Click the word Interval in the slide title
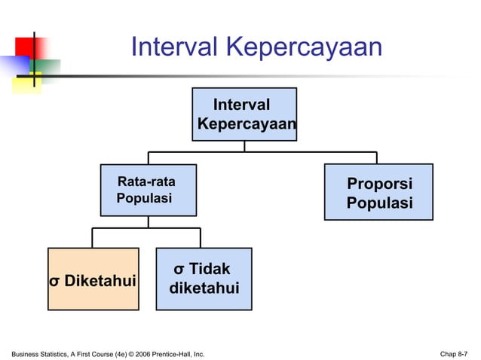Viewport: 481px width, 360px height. (x=173, y=47)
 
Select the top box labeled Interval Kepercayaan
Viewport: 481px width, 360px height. (x=244, y=114)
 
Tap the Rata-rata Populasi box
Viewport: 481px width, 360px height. (x=149, y=190)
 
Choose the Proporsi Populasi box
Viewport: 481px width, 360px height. (x=378, y=192)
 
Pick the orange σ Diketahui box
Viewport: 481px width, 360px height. (x=93, y=279)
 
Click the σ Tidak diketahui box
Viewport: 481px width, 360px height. (x=204, y=279)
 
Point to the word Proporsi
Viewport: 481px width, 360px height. (x=379, y=185)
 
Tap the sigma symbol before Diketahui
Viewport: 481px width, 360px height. (x=54, y=282)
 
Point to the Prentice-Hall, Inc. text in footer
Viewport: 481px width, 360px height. (x=177, y=352)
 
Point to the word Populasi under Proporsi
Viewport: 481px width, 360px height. (x=379, y=203)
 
